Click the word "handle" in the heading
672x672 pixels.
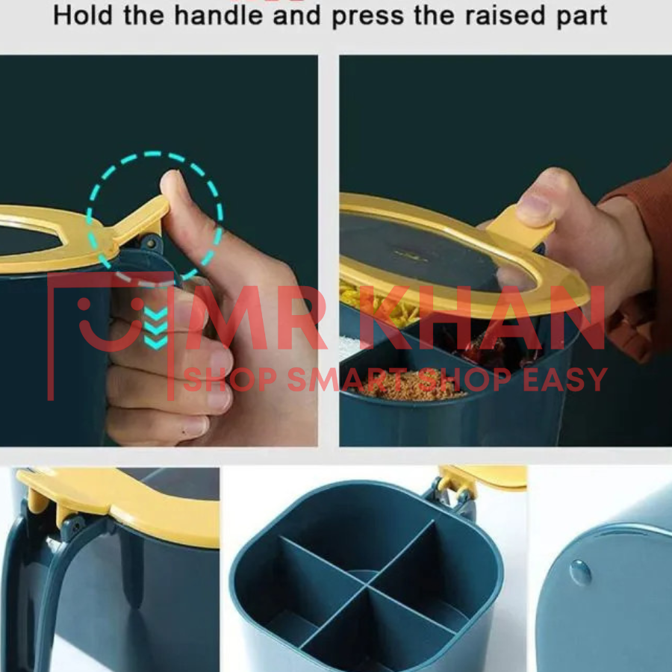point(218,16)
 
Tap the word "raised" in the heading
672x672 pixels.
point(505,16)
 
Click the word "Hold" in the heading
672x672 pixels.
point(83,16)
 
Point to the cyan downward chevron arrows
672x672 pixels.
point(155,328)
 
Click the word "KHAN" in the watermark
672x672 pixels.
point(482,317)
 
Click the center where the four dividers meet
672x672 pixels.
point(366,584)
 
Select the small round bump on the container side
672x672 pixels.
point(581,573)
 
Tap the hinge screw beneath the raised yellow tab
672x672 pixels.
point(150,243)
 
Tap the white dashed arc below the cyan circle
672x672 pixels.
point(146,281)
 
